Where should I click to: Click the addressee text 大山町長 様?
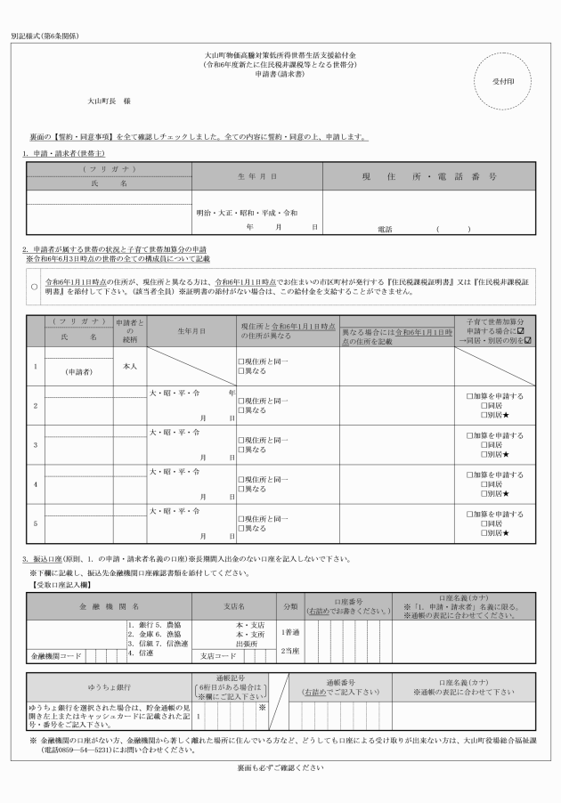click(109, 102)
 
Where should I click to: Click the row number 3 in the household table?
click(35, 443)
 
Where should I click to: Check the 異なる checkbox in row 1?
click(240, 370)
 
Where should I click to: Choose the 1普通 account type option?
click(290, 632)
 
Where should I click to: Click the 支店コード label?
click(218, 657)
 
